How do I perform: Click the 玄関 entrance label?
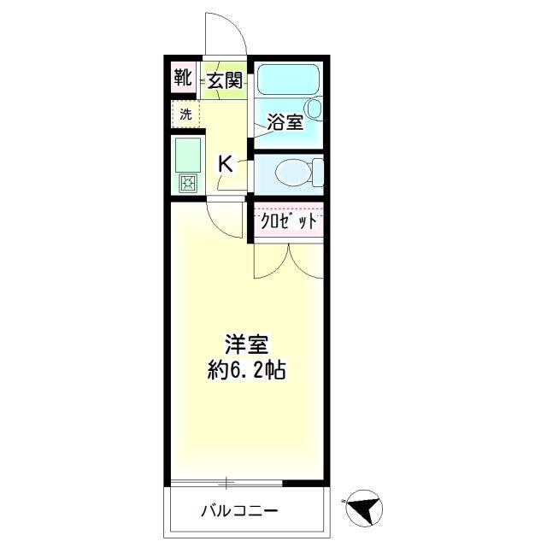tap(226, 81)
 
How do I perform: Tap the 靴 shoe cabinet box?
tap(182, 78)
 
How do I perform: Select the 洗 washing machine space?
tap(185, 113)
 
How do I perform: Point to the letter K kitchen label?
tap(226, 163)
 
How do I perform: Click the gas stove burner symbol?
tap(187, 183)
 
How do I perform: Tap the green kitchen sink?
tap(187, 155)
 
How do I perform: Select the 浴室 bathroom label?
tap(285, 122)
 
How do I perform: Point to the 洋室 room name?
tap(247, 346)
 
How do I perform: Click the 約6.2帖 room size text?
tap(246, 372)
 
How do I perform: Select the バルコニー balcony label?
tap(239, 512)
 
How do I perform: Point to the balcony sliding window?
tap(226, 483)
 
